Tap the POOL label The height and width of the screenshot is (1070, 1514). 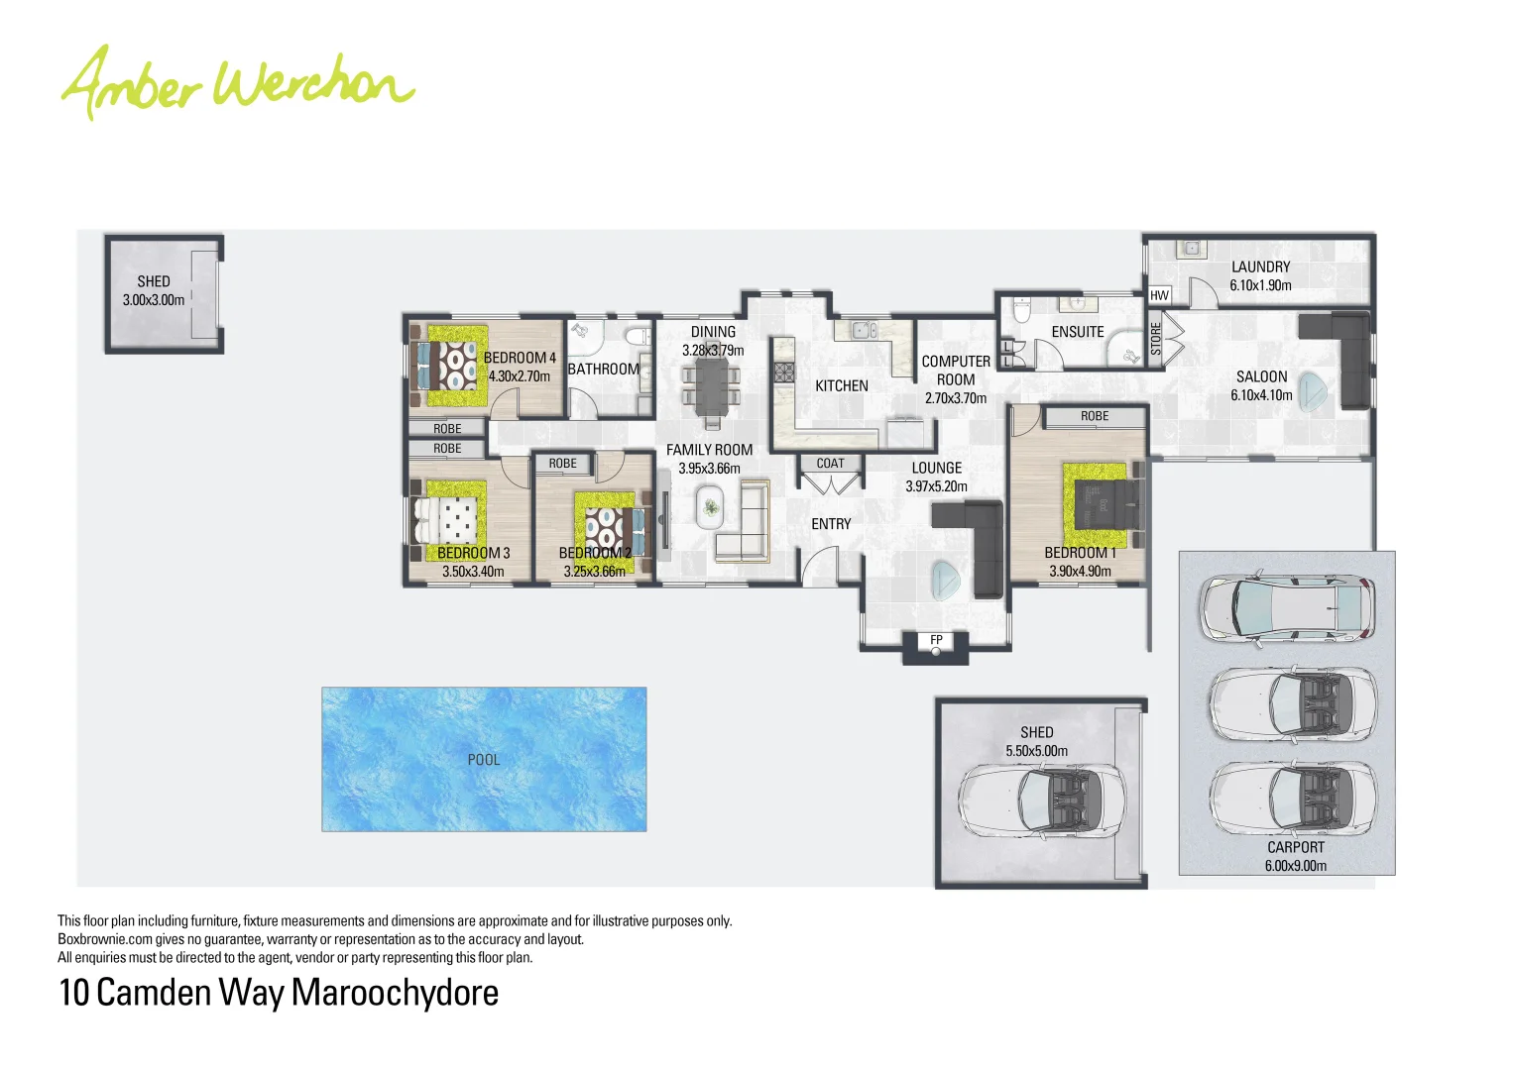tap(484, 760)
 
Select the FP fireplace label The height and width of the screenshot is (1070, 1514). tap(936, 640)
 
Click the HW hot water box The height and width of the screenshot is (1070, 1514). tap(1159, 295)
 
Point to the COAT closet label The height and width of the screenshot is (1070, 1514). tap(830, 464)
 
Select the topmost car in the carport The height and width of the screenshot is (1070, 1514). tap(1286, 606)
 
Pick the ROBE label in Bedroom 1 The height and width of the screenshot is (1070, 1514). tap(1095, 416)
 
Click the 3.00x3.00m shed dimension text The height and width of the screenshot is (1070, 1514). tap(154, 300)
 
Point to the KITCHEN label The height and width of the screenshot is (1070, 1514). tap(841, 385)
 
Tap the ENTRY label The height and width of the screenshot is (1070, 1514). tap(831, 524)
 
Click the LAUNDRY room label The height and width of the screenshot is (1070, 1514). tap(1260, 267)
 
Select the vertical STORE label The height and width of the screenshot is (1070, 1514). tap(1155, 339)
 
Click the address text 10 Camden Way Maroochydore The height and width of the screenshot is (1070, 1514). tap(279, 993)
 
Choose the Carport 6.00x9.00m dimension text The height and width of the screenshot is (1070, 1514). tap(1295, 866)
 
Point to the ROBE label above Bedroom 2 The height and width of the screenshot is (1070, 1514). tap(562, 464)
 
